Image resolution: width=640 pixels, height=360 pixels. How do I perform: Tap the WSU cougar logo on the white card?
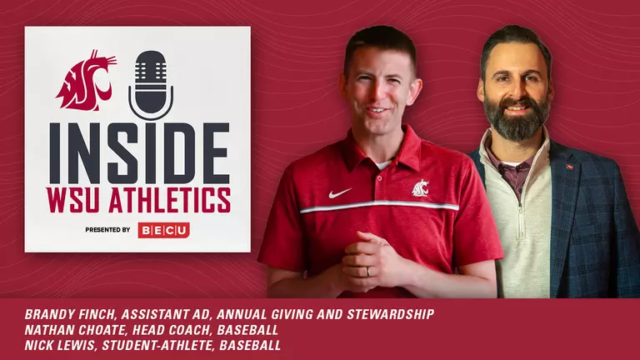click(86, 79)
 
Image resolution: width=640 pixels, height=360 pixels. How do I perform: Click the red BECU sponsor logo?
click(163, 230)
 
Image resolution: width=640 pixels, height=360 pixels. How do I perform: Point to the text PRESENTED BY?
click(107, 230)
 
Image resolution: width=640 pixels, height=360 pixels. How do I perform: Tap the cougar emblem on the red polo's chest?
click(421, 189)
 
